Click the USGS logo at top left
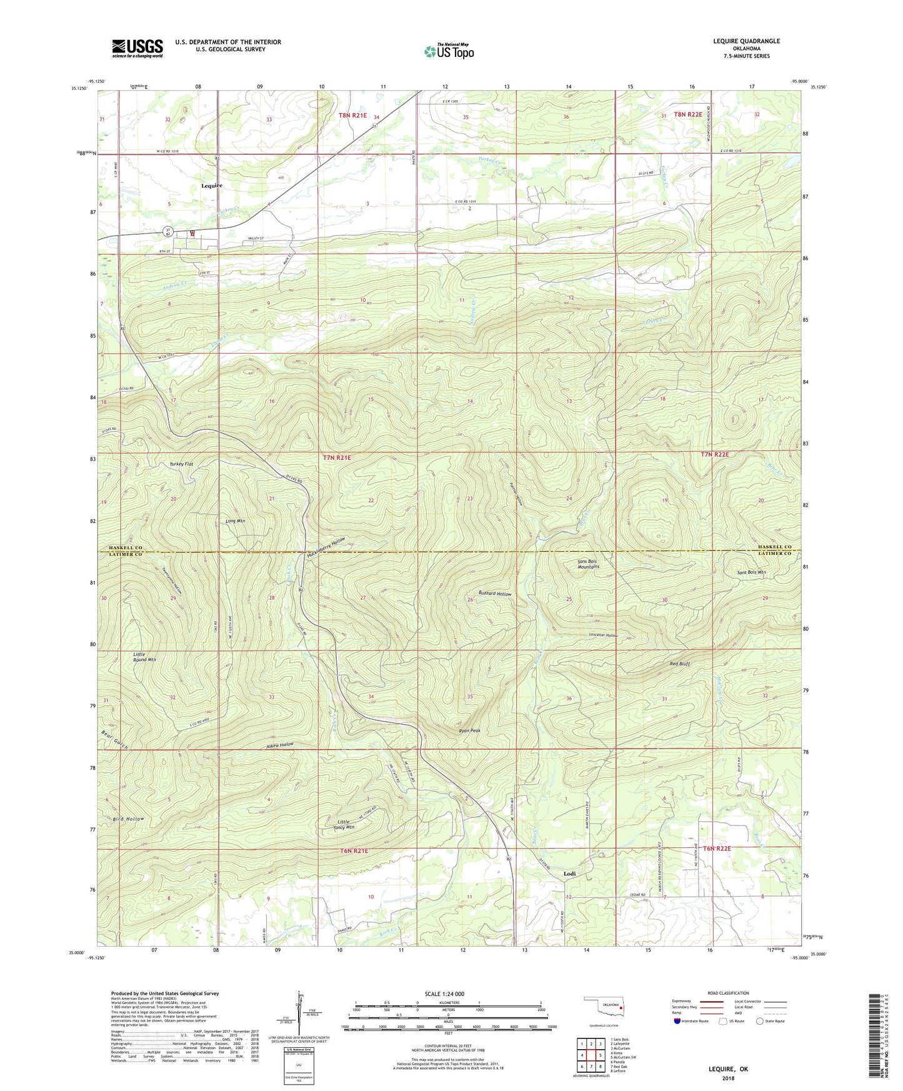(137, 48)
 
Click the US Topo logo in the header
(449, 51)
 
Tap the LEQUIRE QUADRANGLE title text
(746, 41)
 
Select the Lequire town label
(212, 186)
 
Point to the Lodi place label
(569, 874)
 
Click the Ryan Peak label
(469, 730)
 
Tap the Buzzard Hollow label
(495, 594)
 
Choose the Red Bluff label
(679, 664)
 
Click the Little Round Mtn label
(144, 657)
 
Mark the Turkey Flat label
(181, 464)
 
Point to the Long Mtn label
(235, 521)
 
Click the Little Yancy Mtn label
(343, 824)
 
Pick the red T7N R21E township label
(337, 458)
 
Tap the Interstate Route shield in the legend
(677, 1021)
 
